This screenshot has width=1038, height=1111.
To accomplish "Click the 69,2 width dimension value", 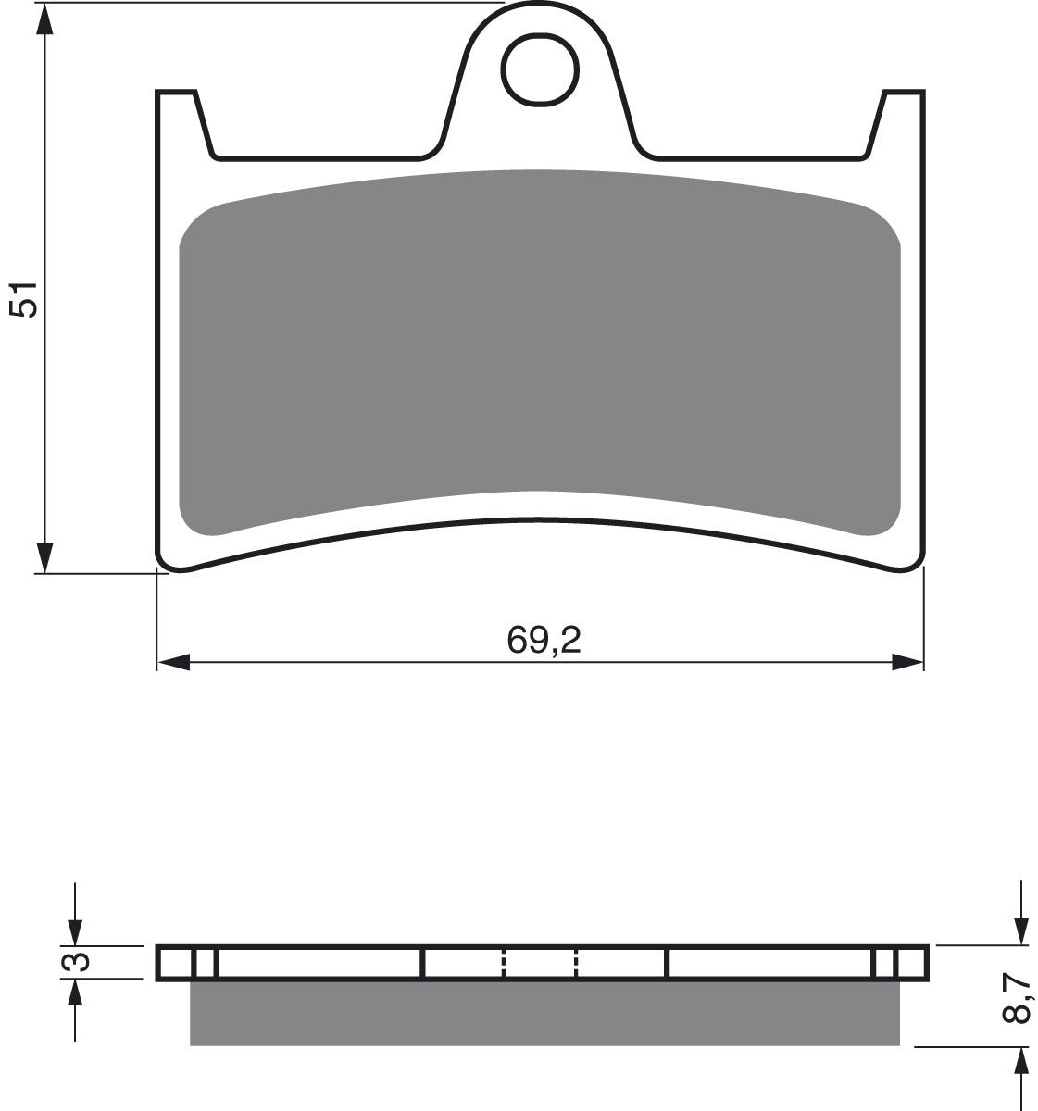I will pos(544,640).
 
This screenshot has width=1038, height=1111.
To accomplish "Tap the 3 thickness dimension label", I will pos(81,963).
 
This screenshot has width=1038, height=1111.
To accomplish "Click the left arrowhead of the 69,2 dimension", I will pos(174,662).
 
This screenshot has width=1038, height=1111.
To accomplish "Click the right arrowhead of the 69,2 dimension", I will pos(907,662).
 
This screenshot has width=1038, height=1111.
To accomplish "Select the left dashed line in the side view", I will pos(504,963).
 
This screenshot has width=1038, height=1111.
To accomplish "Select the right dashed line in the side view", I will pos(576,963).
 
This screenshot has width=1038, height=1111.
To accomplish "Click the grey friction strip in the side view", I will pos(544,1013).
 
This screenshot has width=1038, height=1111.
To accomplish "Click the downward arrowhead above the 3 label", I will pos(75,933).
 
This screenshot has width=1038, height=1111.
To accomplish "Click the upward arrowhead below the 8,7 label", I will pos(1020,1062).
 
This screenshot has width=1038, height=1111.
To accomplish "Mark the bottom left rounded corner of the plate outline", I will pos(168,559).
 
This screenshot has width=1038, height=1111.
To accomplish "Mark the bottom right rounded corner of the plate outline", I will pos(915,561).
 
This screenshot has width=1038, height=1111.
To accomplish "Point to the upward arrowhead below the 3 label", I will pos(75,994).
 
